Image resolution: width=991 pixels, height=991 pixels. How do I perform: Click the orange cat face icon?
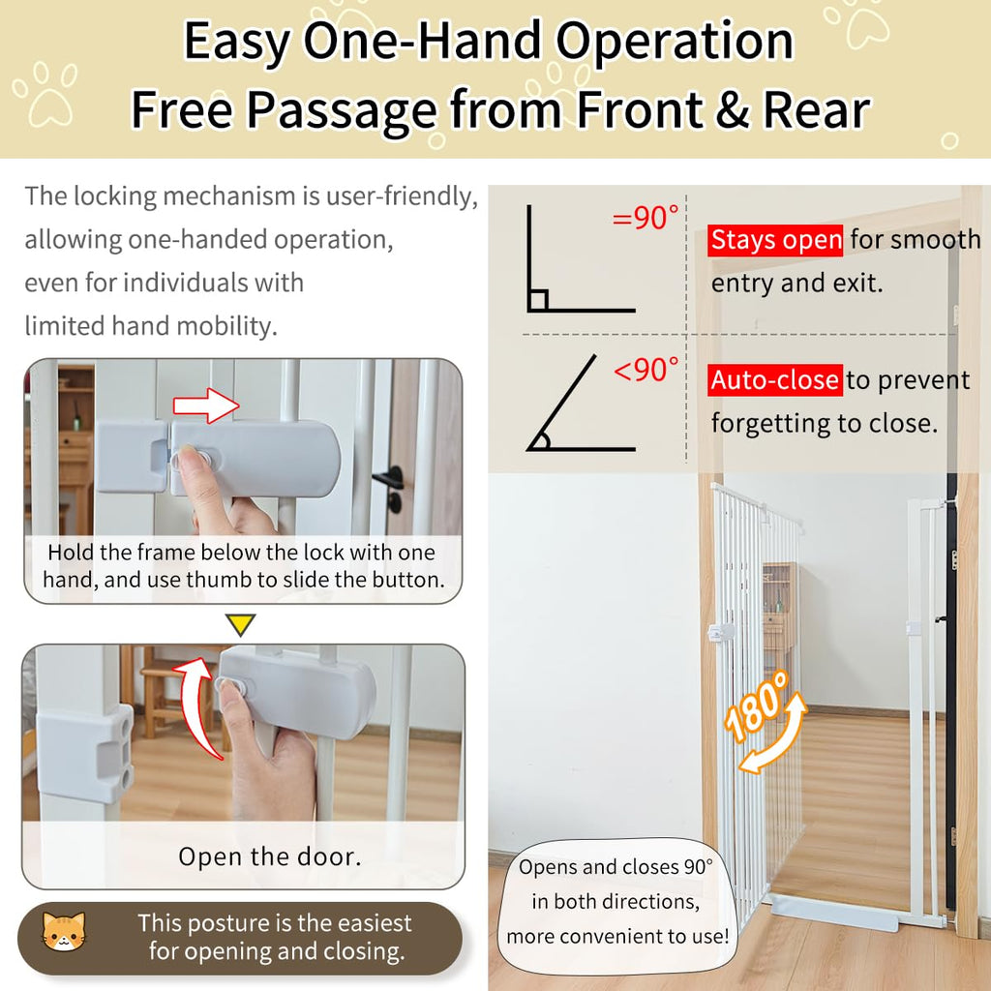[x=63, y=932]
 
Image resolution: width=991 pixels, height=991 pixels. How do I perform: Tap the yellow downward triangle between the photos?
[x=240, y=624]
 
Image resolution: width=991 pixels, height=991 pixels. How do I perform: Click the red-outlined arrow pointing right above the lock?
[x=206, y=405]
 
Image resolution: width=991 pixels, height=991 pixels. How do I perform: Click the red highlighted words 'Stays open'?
[x=775, y=240]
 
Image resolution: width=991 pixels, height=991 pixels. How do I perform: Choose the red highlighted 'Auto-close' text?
[x=775, y=379]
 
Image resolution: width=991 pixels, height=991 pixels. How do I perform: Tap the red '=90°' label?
[x=646, y=218]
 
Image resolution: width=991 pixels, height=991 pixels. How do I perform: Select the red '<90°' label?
[x=646, y=369]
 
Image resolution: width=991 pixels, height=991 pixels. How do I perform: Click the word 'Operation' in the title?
[x=675, y=41]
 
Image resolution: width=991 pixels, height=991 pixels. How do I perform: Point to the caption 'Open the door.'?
[x=270, y=856]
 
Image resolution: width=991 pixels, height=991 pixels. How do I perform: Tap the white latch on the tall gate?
[x=720, y=631]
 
